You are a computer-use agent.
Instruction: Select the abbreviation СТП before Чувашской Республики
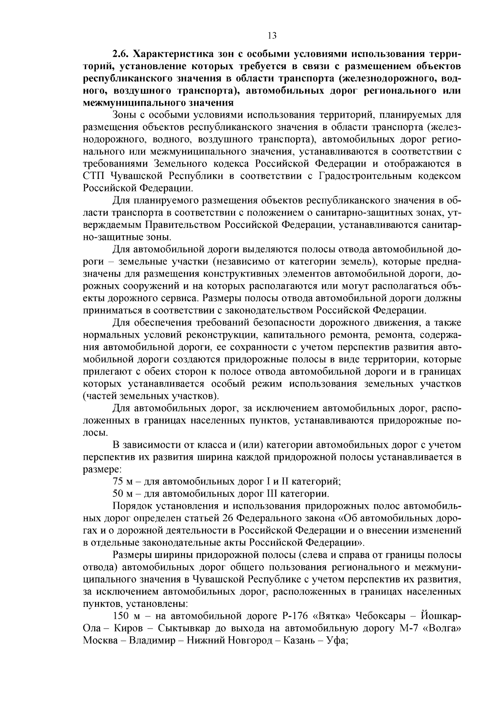(x=93, y=176)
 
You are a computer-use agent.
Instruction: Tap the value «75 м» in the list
(x=123, y=482)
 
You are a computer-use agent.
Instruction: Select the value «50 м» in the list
(x=123, y=494)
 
